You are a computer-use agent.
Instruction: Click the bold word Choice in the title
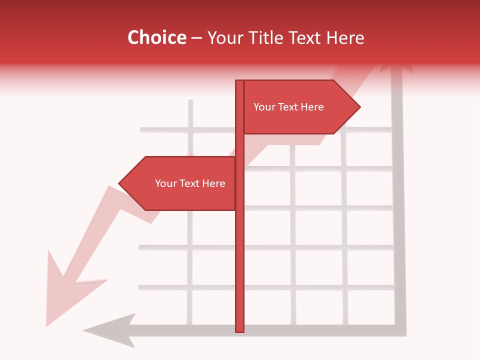point(156,38)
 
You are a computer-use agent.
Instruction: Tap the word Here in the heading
point(345,38)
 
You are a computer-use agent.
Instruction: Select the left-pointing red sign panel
point(185,183)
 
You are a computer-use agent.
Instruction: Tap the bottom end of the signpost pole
point(239,330)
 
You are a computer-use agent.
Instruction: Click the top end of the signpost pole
point(239,82)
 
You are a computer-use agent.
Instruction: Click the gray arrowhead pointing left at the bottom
point(112,330)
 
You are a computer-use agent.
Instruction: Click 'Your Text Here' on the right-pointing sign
point(288,107)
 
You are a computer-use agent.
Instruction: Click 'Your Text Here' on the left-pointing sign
point(190,183)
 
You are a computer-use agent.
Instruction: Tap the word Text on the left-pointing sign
point(189,183)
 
